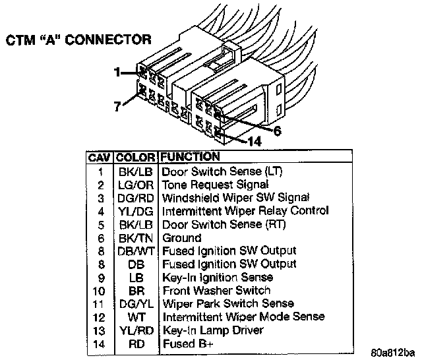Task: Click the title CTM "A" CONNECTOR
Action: coord(78,40)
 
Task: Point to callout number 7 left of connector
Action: coord(117,105)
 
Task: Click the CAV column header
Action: coord(100,158)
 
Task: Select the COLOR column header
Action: coord(136,158)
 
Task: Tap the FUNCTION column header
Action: coord(190,157)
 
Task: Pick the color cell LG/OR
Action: coord(136,185)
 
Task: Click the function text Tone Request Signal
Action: coord(216,185)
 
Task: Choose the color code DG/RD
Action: coord(136,198)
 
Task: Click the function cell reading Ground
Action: coord(182,237)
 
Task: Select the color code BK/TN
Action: coord(136,237)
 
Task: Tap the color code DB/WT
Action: coord(136,251)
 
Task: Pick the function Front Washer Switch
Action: coord(216,290)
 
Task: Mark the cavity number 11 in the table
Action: coord(100,304)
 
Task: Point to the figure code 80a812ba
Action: coord(393,351)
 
